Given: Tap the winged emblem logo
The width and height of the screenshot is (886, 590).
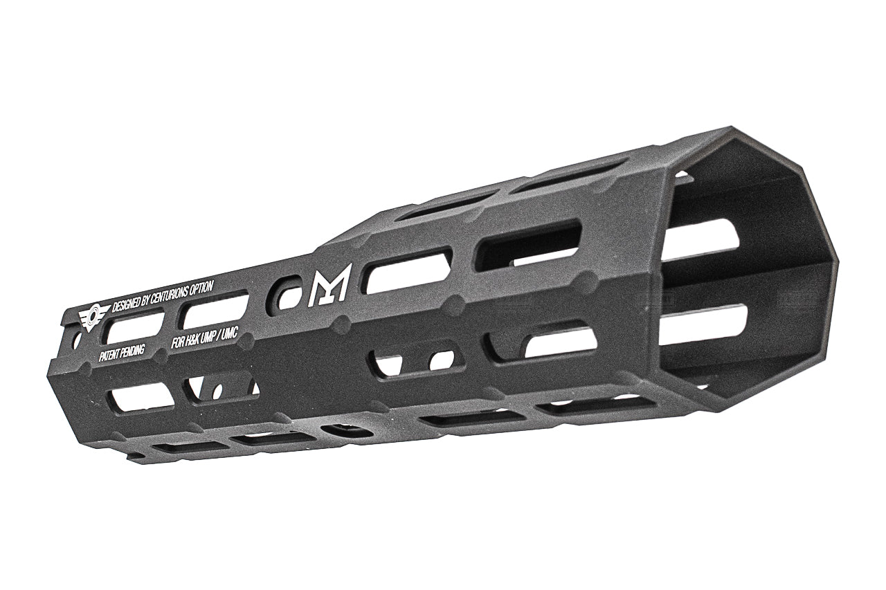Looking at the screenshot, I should click(93, 317).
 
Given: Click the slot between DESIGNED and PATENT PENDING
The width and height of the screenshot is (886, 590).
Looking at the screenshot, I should click(134, 328).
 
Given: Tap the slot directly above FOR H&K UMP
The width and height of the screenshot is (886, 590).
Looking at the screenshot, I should click(215, 311).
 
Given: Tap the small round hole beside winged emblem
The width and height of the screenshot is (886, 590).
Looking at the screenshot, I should click(76, 340).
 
